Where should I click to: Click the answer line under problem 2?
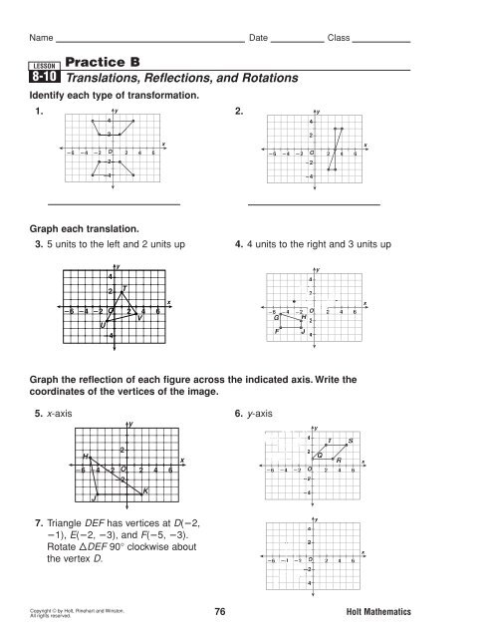314,204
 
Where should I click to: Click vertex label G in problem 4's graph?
276,317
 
